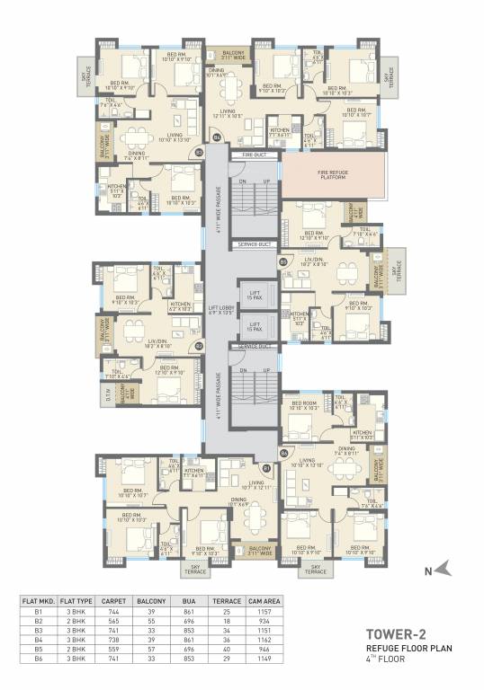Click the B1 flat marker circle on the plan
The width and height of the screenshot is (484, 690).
pos(266,467)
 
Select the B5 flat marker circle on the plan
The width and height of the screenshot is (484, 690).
pos(283,261)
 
